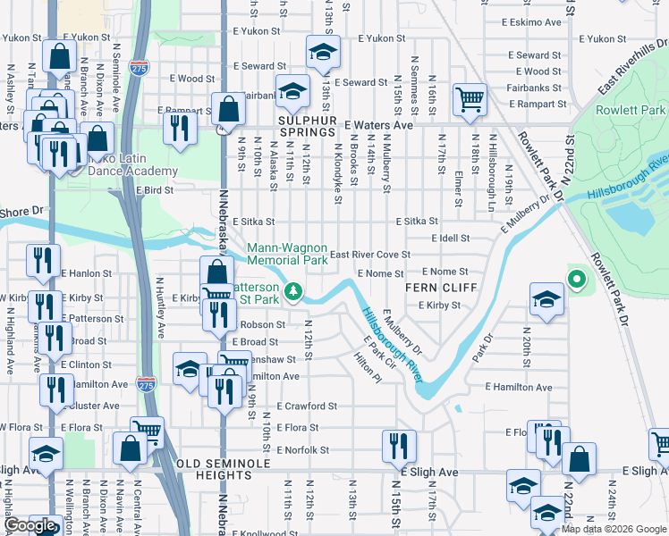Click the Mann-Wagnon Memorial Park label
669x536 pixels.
point(287,255)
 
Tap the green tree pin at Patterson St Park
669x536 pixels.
point(292,291)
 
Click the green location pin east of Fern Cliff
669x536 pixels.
point(577,281)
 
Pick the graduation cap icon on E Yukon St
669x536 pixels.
point(323,52)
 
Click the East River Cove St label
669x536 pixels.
point(369,255)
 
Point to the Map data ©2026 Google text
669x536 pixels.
point(614,529)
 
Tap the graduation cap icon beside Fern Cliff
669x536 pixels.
point(546,300)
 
